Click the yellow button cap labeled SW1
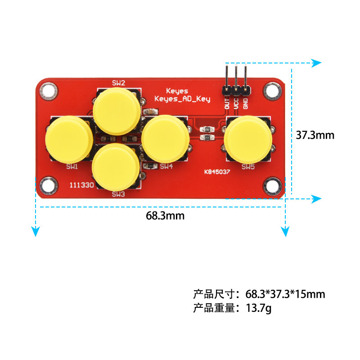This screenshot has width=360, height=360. [x=69, y=139]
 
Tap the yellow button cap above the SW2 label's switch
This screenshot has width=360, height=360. [x=117, y=111]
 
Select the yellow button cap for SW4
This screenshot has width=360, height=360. [x=165, y=139]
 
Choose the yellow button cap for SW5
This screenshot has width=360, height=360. [x=248, y=139]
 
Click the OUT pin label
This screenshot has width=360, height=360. [x=227, y=103]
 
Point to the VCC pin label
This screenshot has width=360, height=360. [x=236, y=103]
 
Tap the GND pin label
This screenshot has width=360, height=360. [x=245, y=103]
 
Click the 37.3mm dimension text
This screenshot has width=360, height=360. [x=315, y=135]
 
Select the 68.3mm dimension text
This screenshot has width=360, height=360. [x=165, y=216]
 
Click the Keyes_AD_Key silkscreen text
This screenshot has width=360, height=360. [x=182, y=99]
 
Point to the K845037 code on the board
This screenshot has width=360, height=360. [x=217, y=172]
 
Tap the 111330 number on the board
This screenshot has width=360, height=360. [x=82, y=185]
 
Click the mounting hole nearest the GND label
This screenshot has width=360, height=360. [x=272, y=91]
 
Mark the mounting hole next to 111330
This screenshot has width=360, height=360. [x=49, y=186]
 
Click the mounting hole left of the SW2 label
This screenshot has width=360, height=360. [x=49, y=91]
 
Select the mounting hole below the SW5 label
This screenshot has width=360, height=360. [x=272, y=186]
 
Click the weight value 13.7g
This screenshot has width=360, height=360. [x=258, y=308]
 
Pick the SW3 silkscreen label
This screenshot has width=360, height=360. [x=118, y=194]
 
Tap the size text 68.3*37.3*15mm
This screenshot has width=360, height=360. [x=285, y=294]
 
